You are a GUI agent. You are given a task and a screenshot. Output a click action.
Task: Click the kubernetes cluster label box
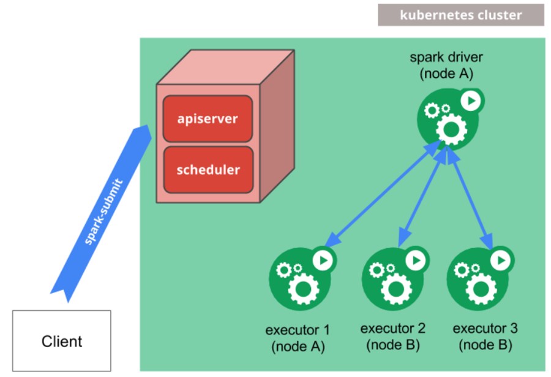[460, 15]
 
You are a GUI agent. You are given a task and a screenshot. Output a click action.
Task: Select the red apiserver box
[208, 118]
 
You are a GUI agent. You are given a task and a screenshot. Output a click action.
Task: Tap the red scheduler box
[208, 169]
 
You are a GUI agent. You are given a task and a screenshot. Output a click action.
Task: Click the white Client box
[62, 341]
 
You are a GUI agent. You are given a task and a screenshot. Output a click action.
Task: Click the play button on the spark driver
[470, 101]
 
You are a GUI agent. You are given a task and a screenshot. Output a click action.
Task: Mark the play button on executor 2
[416, 260]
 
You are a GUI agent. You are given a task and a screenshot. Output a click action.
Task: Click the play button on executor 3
[502, 260]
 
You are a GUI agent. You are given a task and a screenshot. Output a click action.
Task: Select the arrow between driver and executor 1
[383, 192]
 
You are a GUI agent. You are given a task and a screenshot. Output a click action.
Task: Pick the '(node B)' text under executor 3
[485, 345]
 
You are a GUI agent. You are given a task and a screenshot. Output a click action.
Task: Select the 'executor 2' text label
[392, 329]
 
